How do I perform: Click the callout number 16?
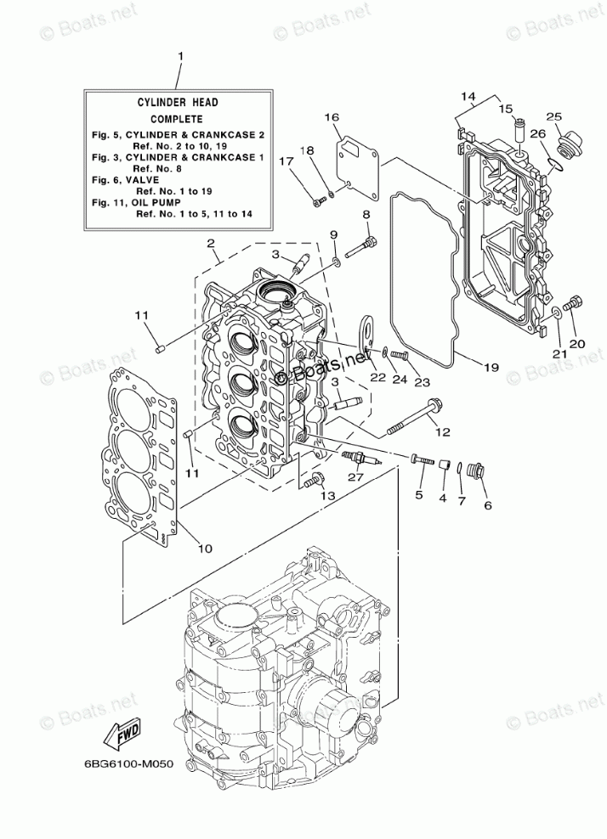coord(331,116)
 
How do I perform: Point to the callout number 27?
coord(355,477)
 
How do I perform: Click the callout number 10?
coord(204,548)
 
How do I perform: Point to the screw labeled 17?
coord(319,200)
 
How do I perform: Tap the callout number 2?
coord(209,244)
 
